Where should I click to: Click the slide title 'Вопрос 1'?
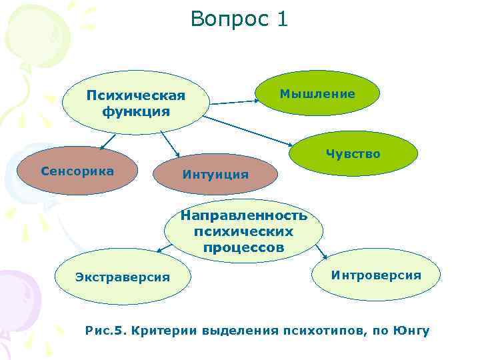[x=239, y=19]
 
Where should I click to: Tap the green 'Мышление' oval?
[x=317, y=94]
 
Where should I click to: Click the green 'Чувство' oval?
[x=353, y=154]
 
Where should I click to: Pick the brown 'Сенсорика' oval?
[x=77, y=171]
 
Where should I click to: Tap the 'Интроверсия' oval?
[x=376, y=275]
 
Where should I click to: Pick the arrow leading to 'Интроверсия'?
[x=321, y=251]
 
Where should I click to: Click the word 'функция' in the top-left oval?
[x=135, y=111]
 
